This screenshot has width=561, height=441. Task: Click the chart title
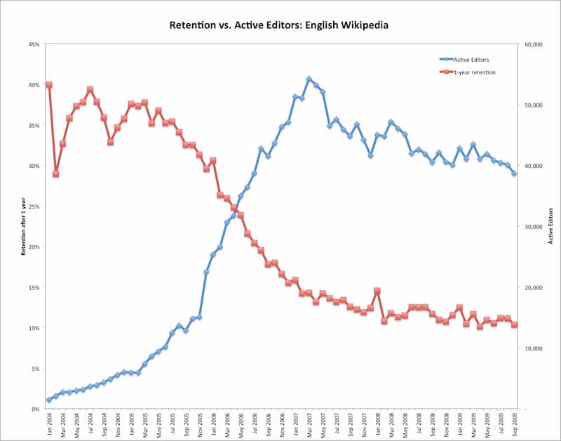[278, 25]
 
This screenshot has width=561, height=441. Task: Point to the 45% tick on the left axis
[34, 44]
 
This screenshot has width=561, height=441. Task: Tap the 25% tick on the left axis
[34, 206]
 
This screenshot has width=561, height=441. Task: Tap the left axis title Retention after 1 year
[23, 227]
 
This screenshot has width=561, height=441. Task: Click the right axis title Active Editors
[550, 227]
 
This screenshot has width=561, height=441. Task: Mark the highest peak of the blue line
[309, 79]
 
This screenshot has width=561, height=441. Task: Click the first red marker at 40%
[48, 85]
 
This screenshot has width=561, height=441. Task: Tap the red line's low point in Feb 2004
[55, 174]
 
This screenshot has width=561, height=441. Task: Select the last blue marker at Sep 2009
[514, 173]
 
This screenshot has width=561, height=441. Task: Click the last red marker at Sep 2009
[514, 324]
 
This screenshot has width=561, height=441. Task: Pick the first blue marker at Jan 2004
[48, 400]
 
